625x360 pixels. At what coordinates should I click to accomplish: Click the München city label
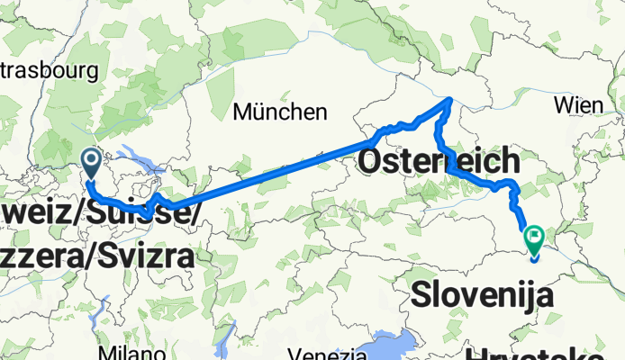(279, 112)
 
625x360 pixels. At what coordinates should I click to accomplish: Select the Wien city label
(578, 104)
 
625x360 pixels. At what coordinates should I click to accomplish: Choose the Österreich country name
(439, 162)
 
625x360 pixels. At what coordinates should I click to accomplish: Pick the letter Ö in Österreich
(373, 162)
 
